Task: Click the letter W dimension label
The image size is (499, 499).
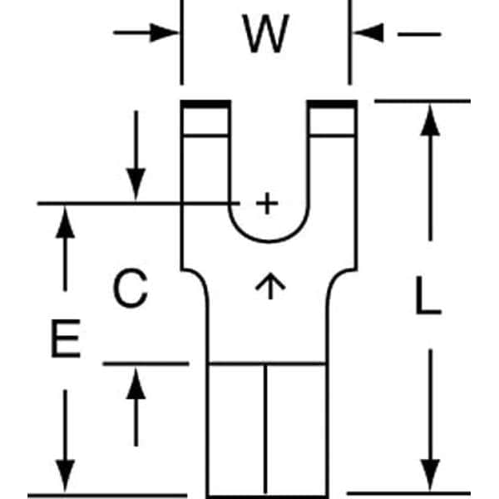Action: [266, 34]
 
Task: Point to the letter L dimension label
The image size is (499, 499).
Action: [427, 299]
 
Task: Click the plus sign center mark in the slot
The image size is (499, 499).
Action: [266, 203]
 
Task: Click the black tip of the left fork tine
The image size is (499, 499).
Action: [205, 106]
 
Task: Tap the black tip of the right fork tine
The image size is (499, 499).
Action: [333, 106]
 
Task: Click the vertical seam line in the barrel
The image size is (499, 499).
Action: [266, 428]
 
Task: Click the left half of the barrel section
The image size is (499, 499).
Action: [237, 428]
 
